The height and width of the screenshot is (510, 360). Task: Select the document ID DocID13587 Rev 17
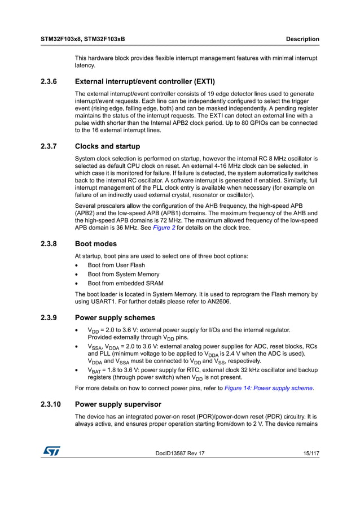tap(180, 453)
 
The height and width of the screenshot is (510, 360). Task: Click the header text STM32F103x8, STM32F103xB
tap(83, 40)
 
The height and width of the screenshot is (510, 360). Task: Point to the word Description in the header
tap(302, 40)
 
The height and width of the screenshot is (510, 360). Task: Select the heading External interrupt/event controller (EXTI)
tap(144, 81)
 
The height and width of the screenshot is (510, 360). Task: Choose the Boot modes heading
tap(96, 244)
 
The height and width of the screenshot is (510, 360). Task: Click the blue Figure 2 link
tap(164, 228)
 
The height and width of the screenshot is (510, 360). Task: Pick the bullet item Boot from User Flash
tap(116, 265)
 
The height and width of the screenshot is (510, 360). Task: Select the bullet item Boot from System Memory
tap(124, 274)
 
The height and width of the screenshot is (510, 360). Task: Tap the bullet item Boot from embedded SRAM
tap(125, 284)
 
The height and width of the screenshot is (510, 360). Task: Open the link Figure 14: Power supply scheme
tap(268, 388)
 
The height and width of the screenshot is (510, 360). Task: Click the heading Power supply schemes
tap(115, 317)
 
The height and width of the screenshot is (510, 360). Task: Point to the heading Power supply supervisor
tap(118, 404)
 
